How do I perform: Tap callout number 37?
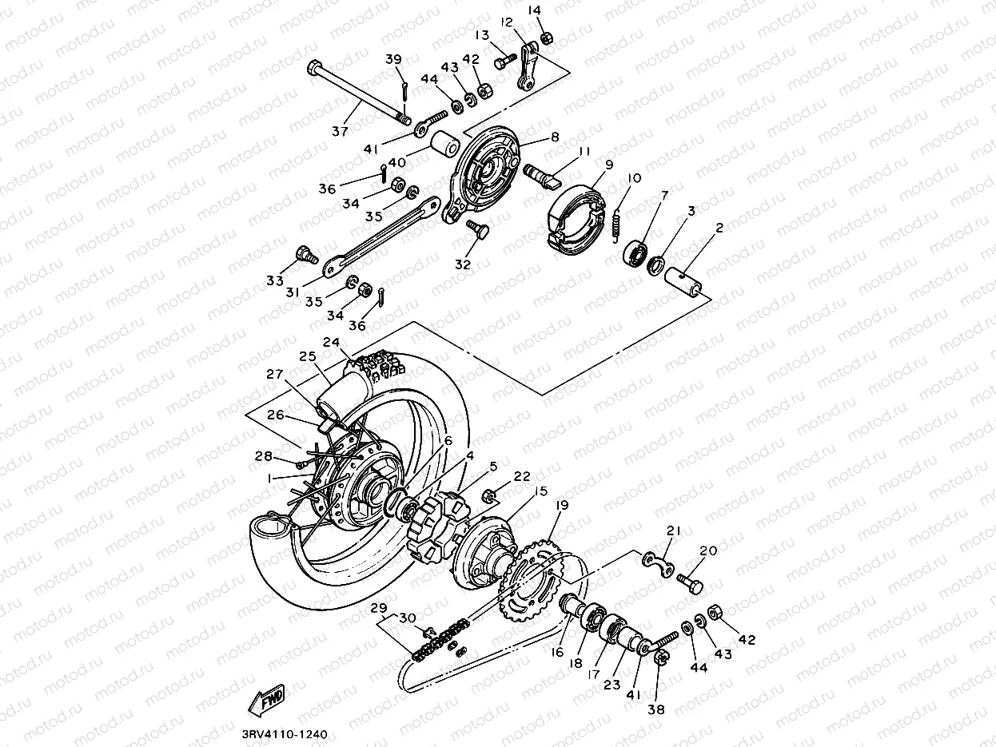[341, 130]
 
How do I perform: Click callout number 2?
[719, 228]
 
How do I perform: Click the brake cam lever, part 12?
[525, 68]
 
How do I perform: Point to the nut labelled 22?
[491, 499]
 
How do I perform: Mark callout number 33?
[275, 280]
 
